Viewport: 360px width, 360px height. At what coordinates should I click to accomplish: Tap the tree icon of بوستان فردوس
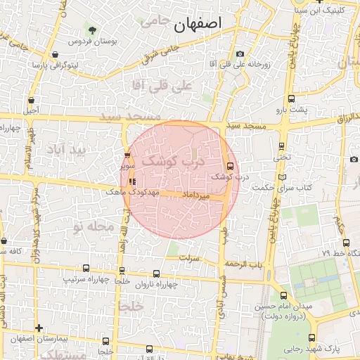point(92,30)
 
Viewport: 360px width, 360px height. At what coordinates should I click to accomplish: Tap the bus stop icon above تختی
point(282,146)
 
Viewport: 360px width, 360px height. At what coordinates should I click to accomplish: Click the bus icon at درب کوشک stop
point(231,167)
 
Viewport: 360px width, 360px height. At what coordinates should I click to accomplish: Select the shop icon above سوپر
point(127,156)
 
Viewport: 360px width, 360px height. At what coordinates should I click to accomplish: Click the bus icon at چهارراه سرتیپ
point(86,268)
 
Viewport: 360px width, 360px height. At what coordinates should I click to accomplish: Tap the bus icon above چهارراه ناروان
point(156,274)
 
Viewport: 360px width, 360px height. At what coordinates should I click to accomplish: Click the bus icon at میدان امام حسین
point(283,295)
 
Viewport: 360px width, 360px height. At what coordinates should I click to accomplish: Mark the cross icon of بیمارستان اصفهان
point(39,328)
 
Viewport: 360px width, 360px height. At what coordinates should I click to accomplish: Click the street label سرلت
point(190,258)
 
